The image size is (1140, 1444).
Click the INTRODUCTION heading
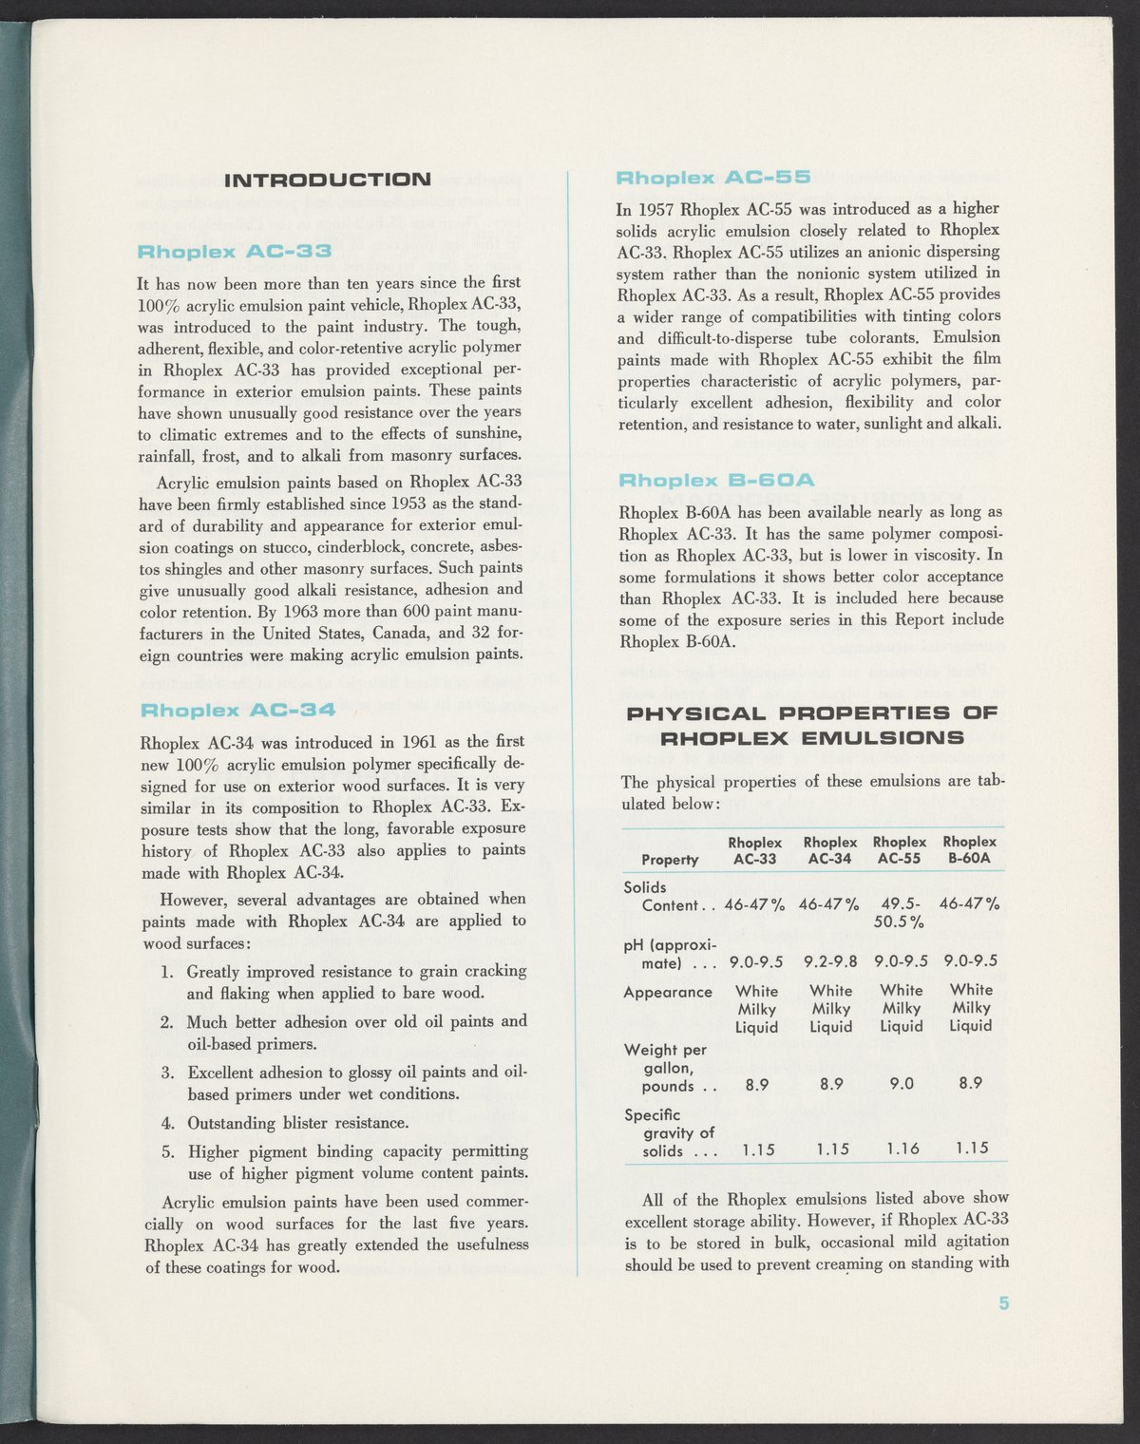tap(326, 179)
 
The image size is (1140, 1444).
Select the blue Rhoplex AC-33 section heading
tap(235, 252)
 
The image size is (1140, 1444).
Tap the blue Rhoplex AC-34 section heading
tap(237, 710)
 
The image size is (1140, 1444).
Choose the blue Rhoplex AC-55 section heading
tap(712, 178)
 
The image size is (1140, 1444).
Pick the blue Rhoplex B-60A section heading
tap(716, 482)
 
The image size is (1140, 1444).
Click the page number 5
tap(1003, 1303)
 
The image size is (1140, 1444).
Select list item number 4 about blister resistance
tap(298, 1123)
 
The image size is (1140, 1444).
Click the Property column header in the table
tap(670, 860)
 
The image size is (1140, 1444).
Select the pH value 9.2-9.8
tap(830, 963)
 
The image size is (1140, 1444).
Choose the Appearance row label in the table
tap(667, 992)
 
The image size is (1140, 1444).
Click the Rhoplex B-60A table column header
tap(969, 850)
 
